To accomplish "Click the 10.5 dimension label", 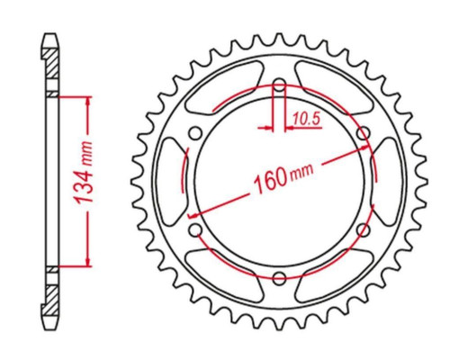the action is point(307,119).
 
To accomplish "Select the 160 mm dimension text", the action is point(283,178).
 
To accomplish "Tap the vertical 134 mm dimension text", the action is point(84,173).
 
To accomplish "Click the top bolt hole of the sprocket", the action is point(280,85).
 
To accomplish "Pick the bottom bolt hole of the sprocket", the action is point(280,278).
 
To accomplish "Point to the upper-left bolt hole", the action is point(195,133).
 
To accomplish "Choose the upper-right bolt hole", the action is point(364,133).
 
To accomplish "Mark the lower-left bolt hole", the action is point(195,230).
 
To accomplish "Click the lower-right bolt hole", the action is point(364,230).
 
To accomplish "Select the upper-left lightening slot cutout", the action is point(223,87).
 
